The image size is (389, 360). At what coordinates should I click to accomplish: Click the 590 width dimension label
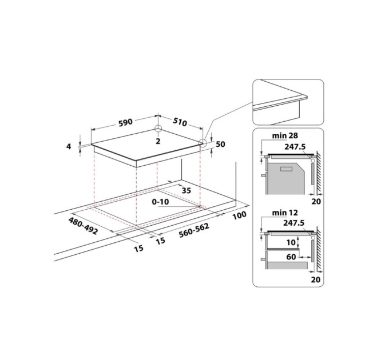[x=125, y=122]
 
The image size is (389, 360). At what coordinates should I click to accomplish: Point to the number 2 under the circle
[x=158, y=140]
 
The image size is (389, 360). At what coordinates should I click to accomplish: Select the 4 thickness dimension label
[x=69, y=147]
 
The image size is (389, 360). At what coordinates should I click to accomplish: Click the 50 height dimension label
[x=220, y=144]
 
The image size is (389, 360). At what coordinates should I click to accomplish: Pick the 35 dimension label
[x=185, y=190]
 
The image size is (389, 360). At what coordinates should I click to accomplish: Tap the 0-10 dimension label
[x=161, y=202]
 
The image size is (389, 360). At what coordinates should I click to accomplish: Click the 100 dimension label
[x=239, y=215]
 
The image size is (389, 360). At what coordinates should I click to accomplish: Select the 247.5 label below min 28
[x=294, y=146]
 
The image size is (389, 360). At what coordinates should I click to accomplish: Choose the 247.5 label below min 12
[x=294, y=223]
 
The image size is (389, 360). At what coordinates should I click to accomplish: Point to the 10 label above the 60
[x=291, y=243]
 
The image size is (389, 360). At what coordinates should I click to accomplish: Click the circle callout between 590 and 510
[x=158, y=130]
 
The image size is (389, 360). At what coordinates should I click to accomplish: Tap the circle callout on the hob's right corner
[x=203, y=143]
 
